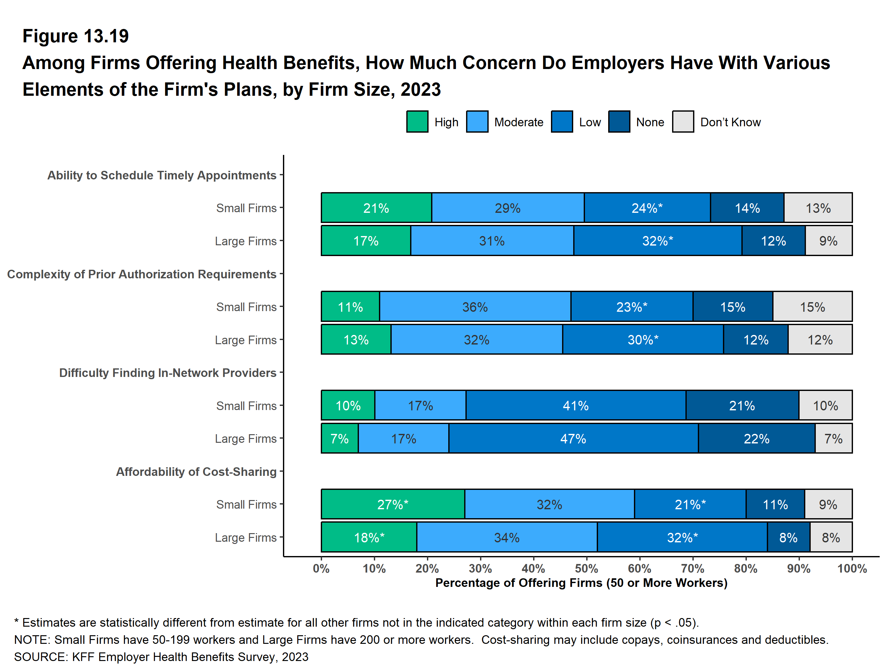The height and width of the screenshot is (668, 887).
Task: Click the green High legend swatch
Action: pyautogui.click(x=417, y=122)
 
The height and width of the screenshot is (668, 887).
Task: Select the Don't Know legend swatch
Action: pyautogui.click(x=683, y=122)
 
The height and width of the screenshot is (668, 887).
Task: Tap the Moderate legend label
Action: pyautogui.click(x=519, y=122)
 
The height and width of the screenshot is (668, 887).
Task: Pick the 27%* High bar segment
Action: pyautogui.click(x=393, y=504)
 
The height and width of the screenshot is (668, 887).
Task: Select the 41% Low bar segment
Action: pyautogui.click(x=575, y=406)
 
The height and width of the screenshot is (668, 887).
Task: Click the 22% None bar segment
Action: pyautogui.click(x=756, y=439)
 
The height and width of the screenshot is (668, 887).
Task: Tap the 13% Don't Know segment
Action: pyautogui.click(x=818, y=208)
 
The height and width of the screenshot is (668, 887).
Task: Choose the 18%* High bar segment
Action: pyautogui.click(x=369, y=537)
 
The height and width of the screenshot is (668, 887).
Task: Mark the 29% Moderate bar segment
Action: pyautogui.click(x=507, y=208)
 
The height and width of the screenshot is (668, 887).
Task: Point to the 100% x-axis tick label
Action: pyautogui.click(x=852, y=568)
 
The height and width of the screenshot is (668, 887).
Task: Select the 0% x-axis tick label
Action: pyautogui.click(x=321, y=568)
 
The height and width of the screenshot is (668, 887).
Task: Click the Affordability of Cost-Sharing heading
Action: pyautogui.click(x=196, y=471)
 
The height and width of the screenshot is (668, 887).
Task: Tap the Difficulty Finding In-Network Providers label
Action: pyautogui.click(x=168, y=373)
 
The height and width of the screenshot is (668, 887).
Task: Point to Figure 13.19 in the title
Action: pyautogui.click(x=75, y=36)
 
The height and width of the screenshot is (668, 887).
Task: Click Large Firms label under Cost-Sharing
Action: pyautogui.click(x=245, y=538)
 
